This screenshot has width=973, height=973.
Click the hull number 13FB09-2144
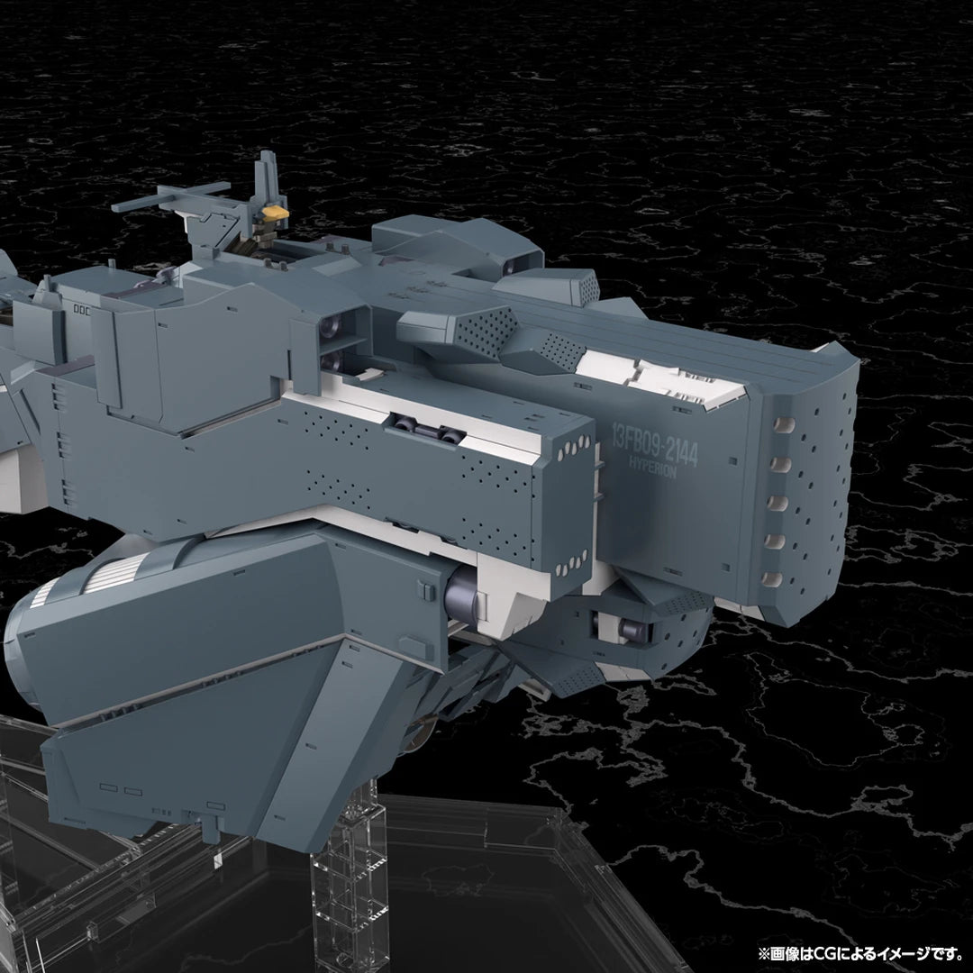[x=655, y=441]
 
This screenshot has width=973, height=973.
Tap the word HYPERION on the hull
[x=652, y=466]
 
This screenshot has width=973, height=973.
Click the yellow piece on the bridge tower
[x=274, y=214]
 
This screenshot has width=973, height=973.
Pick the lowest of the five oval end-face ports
[x=772, y=579]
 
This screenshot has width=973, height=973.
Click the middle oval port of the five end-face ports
[x=777, y=502]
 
